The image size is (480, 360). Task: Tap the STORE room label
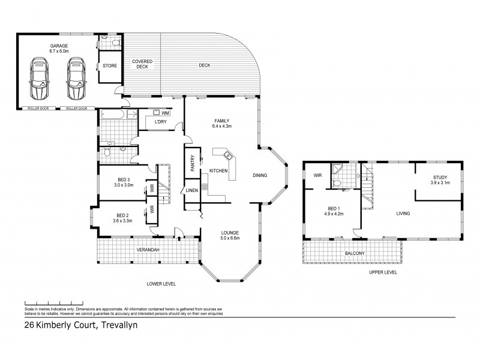[109, 65]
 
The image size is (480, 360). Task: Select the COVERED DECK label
[142, 64]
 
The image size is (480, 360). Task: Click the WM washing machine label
[165, 112]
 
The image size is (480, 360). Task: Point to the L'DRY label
[160, 122]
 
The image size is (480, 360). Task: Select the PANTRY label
[193, 164]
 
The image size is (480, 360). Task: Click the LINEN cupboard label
[191, 190]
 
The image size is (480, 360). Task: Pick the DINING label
[259, 176]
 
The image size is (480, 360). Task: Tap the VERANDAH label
[146, 249]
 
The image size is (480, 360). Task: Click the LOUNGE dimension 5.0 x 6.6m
[230, 238]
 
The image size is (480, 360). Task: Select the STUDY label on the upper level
[441, 177]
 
